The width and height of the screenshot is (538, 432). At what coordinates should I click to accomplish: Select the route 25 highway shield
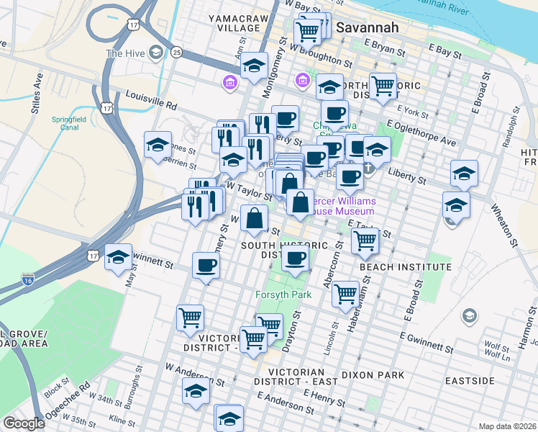click(177, 52)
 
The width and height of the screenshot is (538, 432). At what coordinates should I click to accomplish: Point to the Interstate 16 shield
click(28, 278)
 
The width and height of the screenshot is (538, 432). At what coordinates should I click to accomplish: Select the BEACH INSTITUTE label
click(406, 267)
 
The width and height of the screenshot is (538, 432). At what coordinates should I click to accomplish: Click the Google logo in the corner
click(24, 423)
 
